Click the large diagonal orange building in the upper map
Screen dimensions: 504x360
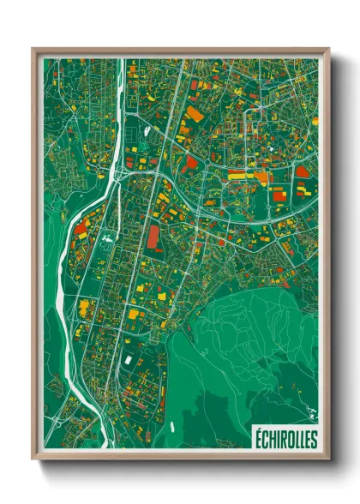195,112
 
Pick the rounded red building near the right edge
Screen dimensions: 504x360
302,171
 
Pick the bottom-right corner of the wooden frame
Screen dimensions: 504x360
328,459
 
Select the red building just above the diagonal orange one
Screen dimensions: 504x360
194,86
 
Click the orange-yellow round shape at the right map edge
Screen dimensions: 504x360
315,121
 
